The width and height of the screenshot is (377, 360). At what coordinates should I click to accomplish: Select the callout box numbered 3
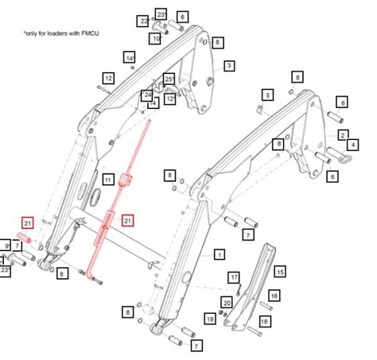pos(229,65)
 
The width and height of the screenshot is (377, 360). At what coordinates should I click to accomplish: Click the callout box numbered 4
pos(352,144)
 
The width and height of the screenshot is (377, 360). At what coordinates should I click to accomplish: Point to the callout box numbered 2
pos(342,116)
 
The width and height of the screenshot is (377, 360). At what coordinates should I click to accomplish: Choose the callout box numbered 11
pos(107,180)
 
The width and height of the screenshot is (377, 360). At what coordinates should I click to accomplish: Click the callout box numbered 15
pos(279,272)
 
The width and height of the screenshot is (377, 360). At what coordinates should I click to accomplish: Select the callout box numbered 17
pos(234,277)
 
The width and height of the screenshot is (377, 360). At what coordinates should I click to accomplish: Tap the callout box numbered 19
pos(210,319)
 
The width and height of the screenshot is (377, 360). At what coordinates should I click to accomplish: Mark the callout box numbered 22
pos(143,20)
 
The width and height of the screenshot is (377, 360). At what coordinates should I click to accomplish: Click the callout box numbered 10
pos(156,37)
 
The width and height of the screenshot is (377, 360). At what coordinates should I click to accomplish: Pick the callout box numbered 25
pos(169,79)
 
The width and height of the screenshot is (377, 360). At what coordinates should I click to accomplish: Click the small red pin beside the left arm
pos(24,238)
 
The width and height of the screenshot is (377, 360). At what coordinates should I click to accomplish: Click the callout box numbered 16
pos(273,296)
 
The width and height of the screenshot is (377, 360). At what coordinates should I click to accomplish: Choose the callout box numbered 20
pos(227,302)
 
